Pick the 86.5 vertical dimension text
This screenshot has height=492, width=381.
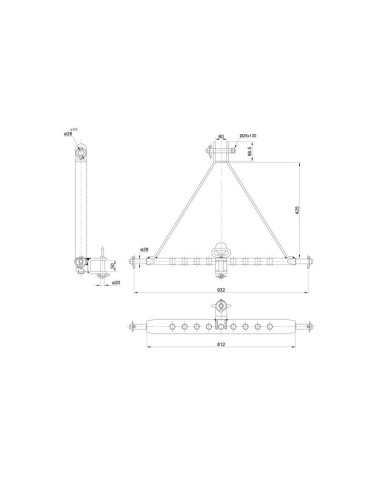(248, 151)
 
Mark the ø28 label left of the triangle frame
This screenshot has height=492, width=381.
(144, 249)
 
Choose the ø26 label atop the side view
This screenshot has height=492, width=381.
(68, 130)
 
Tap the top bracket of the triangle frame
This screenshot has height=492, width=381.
(219, 152)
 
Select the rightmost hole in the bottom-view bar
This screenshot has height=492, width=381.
(275, 325)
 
